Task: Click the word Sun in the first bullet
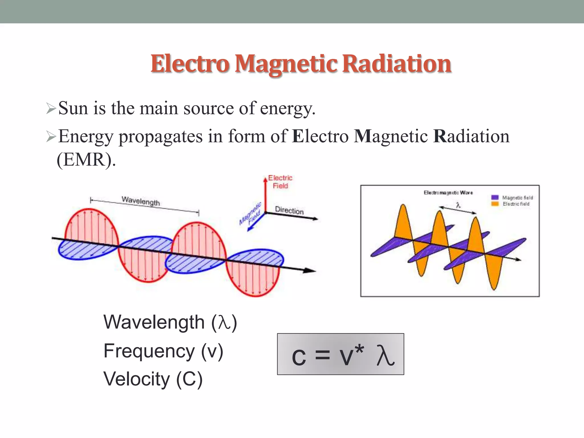pyautogui.click(x=73, y=108)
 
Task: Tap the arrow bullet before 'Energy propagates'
pyautogui.click(x=51, y=137)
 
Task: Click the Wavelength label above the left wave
pyautogui.click(x=141, y=201)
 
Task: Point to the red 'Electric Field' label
pyautogui.click(x=280, y=182)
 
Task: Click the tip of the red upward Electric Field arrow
pyautogui.click(x=265, y=179)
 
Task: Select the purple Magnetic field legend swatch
pyautogui.click(x=495, y=197)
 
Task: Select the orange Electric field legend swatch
pyautogui.click(x=495, y=204)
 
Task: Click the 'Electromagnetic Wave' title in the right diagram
pyautogui.click(x=448, y=193)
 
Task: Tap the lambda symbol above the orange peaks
pyautogui.click(x=458, y=205)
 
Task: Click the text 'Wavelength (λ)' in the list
pyautogui.click(x=170, y=323)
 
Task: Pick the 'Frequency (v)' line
pyautogui.click(x=163, y=351)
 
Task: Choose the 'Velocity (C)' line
pyautogui.click(x=153, y=379)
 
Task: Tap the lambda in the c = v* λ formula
pyautogui.click(x=385, y=355)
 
